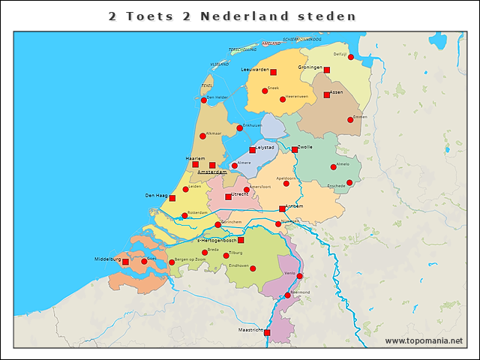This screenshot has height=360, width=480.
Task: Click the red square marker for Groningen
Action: point(327,70)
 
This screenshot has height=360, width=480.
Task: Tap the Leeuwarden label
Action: point(254,69)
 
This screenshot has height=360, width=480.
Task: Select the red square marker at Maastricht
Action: point(267,331)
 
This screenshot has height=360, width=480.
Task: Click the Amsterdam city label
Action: point(211,172)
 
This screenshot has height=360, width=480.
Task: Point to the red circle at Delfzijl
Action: point(351,57)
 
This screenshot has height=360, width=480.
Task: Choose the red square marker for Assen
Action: point(327,94)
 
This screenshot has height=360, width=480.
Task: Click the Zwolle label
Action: point(305,147)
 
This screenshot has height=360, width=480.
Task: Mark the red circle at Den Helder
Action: point(204,100)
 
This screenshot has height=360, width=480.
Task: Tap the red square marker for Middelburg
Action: point(125,262)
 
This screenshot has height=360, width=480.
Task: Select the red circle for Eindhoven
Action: point(253,268)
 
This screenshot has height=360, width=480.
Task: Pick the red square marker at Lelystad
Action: point(252,150)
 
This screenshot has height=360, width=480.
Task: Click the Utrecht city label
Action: point(240,193)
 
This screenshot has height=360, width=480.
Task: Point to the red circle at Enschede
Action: point(349,182)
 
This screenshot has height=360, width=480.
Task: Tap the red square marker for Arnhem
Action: point(282,208)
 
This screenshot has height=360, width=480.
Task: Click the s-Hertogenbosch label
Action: point(216,241)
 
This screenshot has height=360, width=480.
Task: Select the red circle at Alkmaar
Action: point(202,136)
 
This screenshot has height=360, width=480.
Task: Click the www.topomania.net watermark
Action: point(424,340)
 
